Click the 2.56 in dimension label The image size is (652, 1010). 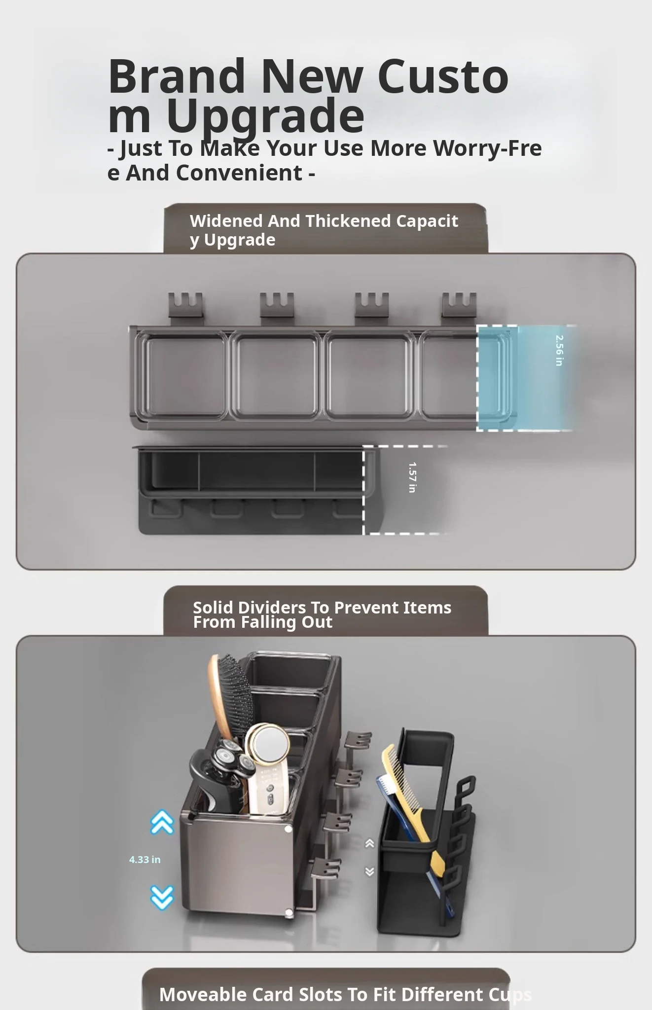559,350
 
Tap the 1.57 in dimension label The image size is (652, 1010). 412,477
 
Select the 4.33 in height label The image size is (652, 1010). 145,860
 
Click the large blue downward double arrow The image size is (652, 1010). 162,898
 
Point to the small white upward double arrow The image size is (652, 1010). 369,843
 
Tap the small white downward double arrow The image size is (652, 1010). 369,871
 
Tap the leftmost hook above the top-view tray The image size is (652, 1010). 185,305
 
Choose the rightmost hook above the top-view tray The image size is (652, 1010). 459,305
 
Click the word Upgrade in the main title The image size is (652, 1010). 265,117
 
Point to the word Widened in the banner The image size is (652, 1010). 227,221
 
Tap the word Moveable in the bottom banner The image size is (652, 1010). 203,994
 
